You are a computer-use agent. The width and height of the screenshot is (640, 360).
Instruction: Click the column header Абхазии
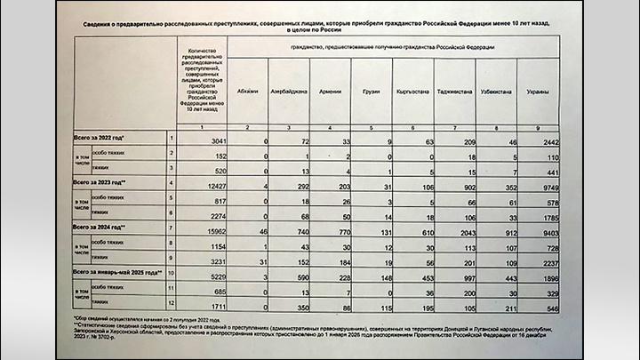249,92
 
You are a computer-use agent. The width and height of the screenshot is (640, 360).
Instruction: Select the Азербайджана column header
290,92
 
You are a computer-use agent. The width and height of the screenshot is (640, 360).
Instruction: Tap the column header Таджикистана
453,92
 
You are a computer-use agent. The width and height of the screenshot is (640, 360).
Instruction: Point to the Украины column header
536,92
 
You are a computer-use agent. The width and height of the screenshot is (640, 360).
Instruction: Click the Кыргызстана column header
412,92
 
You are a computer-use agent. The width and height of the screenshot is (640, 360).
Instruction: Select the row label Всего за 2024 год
106,228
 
